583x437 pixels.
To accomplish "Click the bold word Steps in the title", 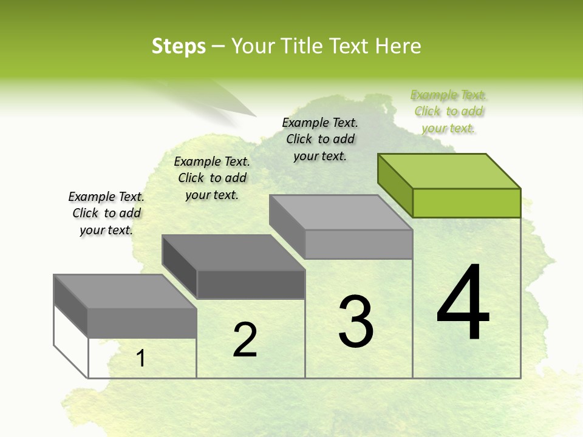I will pos(179,46).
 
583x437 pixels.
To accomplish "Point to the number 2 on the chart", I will pos(245,340).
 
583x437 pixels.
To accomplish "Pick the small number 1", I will pos(141,359).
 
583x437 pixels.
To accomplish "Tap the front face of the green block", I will pos(466,203).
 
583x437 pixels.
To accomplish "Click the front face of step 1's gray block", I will pos(142,323).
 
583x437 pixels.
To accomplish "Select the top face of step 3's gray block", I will pos(341,212).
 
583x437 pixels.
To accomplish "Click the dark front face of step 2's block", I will pos(251,284).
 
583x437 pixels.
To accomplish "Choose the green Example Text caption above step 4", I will pos(448,112).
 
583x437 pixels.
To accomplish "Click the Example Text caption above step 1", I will pos(106,213).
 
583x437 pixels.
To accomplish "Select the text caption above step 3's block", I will pos(320,139).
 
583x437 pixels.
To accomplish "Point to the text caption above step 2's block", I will pos(212,178).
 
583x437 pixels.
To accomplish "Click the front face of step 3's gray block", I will pos(358,244).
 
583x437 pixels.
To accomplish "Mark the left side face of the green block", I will pos(395,185).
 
